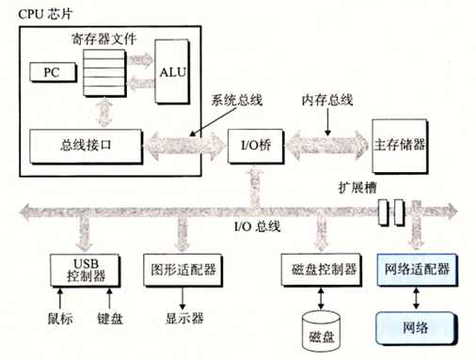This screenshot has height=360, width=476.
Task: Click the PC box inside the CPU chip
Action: coord(49,71)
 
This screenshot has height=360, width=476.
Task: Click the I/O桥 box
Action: coord(251,146)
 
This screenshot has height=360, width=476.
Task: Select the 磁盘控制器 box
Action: coord(319,269)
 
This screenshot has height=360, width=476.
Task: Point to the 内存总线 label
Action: coord(325,99)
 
